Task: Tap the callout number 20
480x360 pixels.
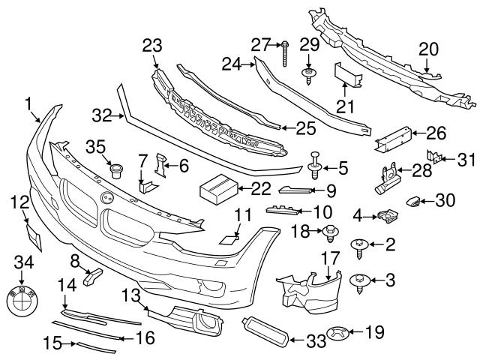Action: point(428,49)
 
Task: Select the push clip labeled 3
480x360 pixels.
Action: point(359,281)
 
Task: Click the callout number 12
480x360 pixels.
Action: point(20,201)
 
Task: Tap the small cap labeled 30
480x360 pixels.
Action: point(412,201)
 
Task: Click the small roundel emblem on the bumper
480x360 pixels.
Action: point(106,197)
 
